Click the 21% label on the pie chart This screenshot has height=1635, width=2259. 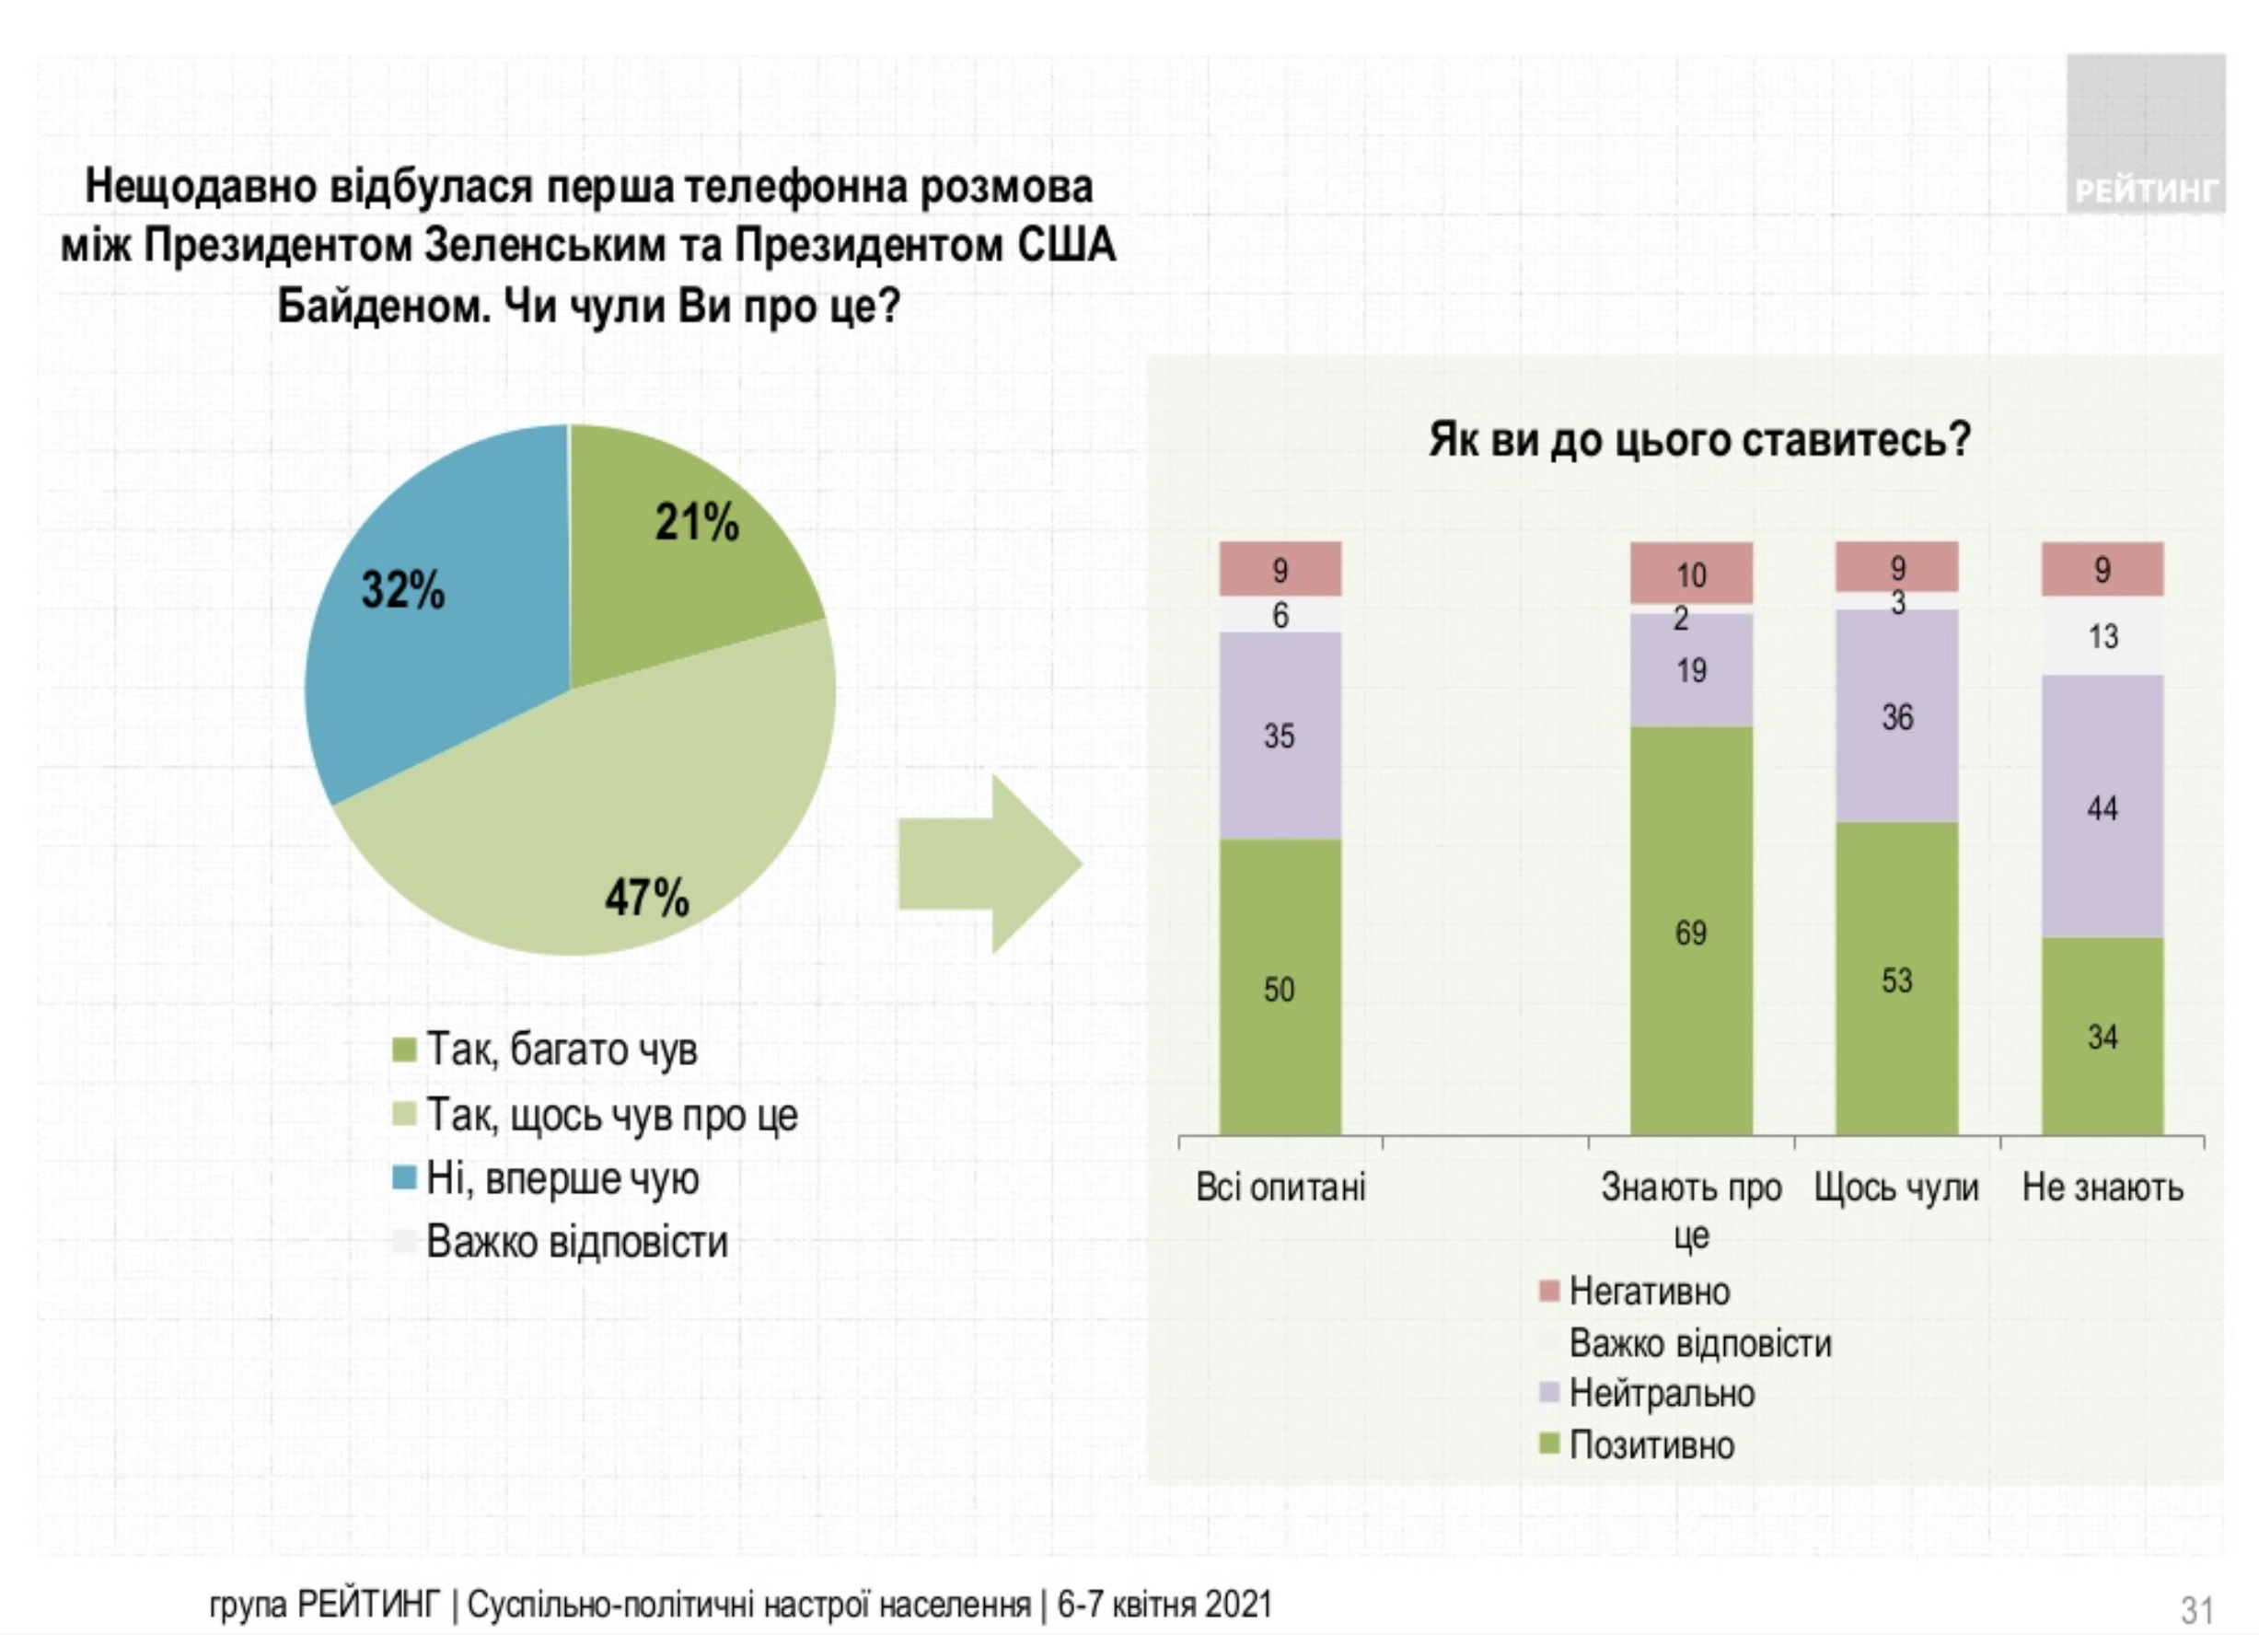point(696,522)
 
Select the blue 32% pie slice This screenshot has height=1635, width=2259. point(428,638)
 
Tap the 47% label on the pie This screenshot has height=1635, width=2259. point(646,898)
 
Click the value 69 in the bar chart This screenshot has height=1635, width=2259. point(1690,933)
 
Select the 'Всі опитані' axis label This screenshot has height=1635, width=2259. point(1280,1188)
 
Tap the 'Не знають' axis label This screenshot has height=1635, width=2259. point(2102,1188)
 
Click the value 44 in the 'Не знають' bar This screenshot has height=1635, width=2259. point(2102,808)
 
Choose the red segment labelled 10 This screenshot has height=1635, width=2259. point(1690,574)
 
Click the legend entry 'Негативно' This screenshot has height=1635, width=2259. point(1649,1292)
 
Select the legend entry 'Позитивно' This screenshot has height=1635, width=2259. point(1651,1444)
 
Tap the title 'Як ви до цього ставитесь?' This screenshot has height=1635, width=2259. point(1699,439)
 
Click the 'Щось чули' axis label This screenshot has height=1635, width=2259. point(1895,1188)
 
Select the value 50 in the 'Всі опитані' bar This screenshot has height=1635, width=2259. point(1279,990)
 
